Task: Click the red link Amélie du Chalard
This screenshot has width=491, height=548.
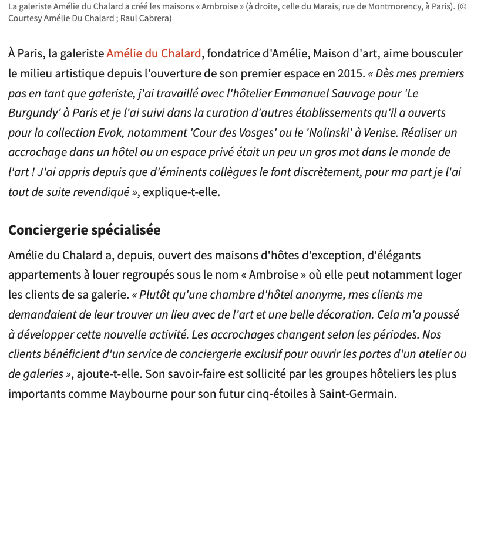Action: pyautogui.click(x=154, y=54)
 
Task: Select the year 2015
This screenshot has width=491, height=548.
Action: pyautogui.click(x=351, y=74)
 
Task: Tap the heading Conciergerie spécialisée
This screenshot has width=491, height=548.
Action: pyautogui.click(x=84, y=230)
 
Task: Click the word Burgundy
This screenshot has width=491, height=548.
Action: pyautogui.click(x=33, y=113)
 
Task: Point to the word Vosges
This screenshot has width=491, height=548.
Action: pyautogui.click(x=250, y=133)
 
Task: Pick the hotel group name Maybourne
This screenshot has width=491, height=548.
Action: pyautogui.click(x=139, y=394)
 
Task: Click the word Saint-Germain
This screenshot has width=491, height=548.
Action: pyautogui.click(x=357, y=394)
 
